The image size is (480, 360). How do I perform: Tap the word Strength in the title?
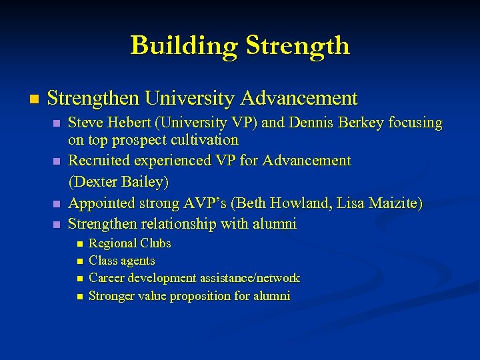point(297,45)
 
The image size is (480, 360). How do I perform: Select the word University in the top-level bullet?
point(191,99)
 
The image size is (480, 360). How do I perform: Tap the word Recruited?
point(98,161)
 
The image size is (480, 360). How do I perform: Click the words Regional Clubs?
point(130,243)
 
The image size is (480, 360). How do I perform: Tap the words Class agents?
point(122,261)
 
